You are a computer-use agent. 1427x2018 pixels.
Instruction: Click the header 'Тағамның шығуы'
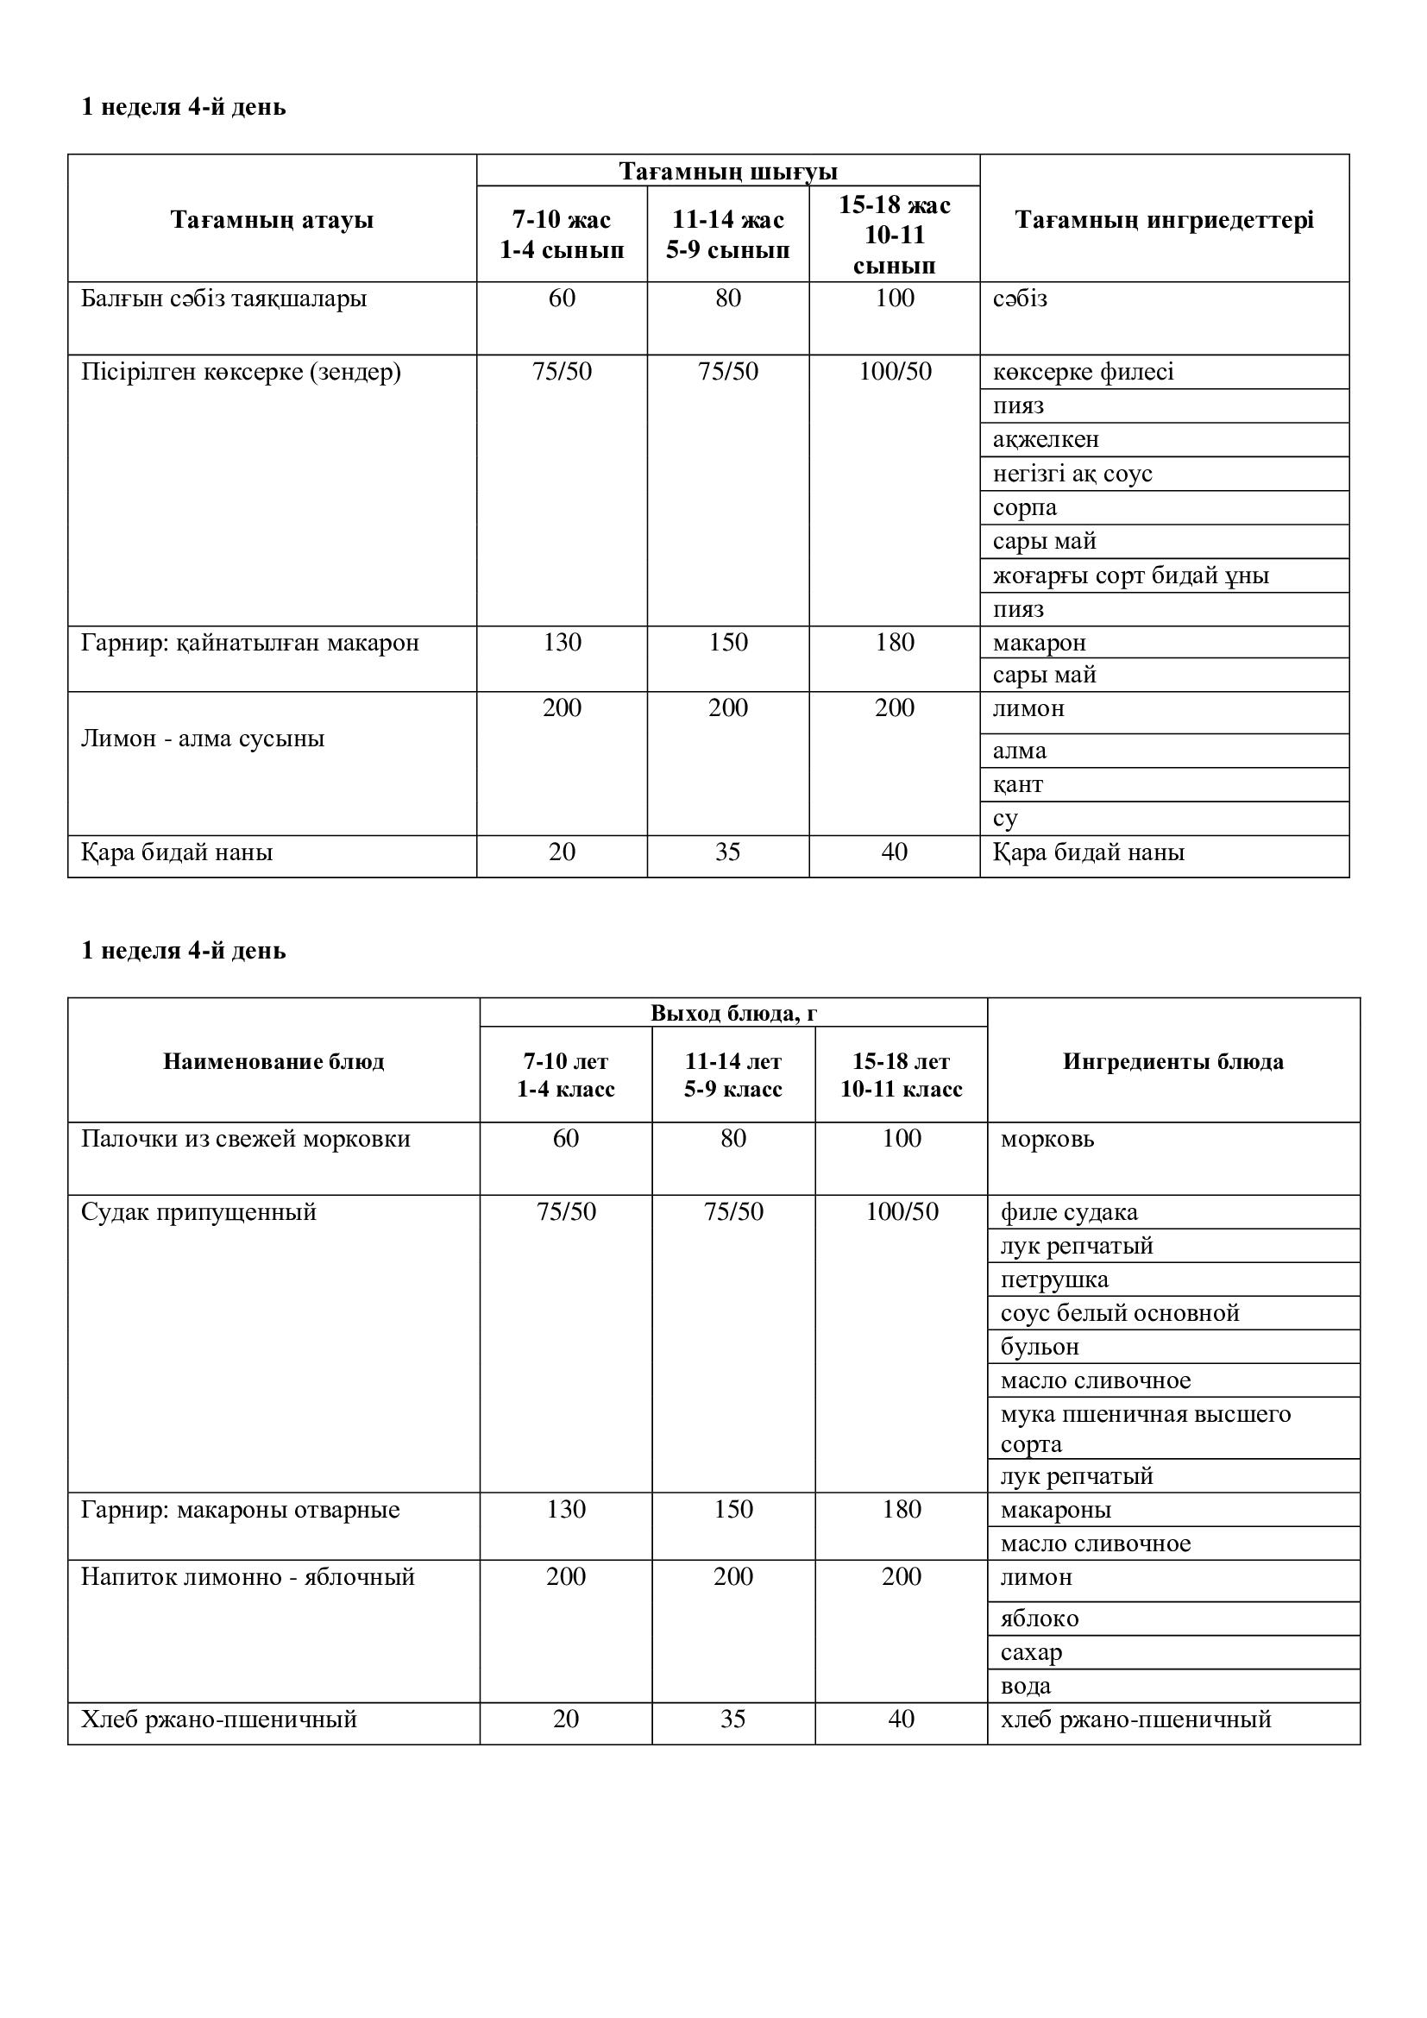coord(727,171)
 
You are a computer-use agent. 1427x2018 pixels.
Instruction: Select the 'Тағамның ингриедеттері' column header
coord(1164,219)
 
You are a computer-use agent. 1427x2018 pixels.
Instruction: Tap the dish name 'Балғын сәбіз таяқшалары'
coord(224,299)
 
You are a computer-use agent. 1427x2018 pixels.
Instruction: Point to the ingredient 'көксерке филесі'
coord(1083,372)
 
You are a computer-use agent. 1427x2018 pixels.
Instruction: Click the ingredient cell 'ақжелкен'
coord(1046,439)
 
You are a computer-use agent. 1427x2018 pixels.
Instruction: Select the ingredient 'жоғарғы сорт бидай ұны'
coord(1130,575)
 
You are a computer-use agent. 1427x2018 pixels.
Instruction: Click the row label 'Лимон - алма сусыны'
coord(203,739)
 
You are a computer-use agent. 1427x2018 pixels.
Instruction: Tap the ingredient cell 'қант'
coord(1017,784)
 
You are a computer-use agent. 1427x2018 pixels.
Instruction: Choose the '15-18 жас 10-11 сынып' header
coord(895,235)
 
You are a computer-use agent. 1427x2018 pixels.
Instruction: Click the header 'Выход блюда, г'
coord(733,1014)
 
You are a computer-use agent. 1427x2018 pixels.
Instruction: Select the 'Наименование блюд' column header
coord(273,1062)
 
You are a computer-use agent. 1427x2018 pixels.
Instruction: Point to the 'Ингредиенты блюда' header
coord(1173,1062)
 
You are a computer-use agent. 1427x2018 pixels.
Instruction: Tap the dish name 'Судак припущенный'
coord(198,1213)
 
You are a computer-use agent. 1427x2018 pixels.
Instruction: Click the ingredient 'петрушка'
coord(1054,1279)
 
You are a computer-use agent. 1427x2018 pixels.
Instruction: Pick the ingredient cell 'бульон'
coord(1040,1347)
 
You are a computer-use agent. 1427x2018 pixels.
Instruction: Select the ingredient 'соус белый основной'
coord(1120,1313)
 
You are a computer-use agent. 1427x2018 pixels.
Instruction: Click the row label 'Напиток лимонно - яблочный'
coord(248,1577)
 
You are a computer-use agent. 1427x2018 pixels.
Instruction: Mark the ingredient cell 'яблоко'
coord(1040,1619)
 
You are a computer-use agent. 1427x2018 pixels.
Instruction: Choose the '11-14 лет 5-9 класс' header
coord(733,1075)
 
